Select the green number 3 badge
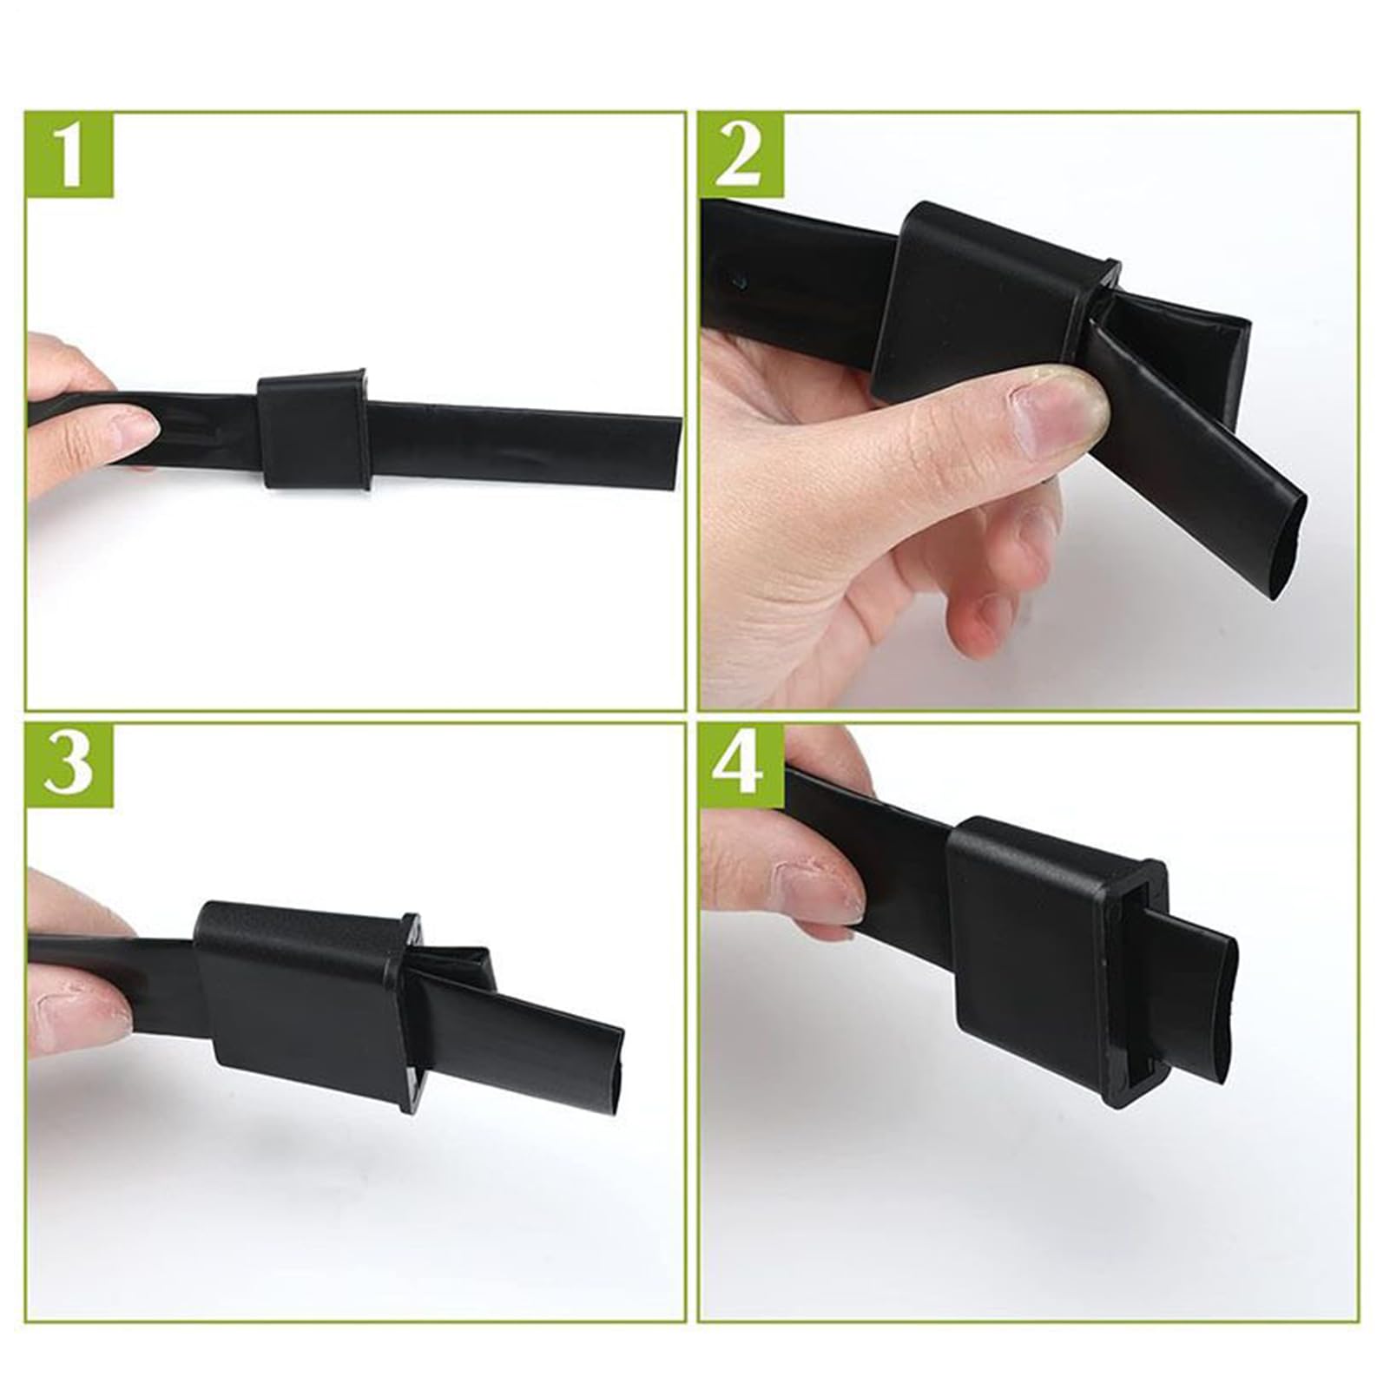tap(69, 763)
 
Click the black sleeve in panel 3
tap(304, 998)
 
